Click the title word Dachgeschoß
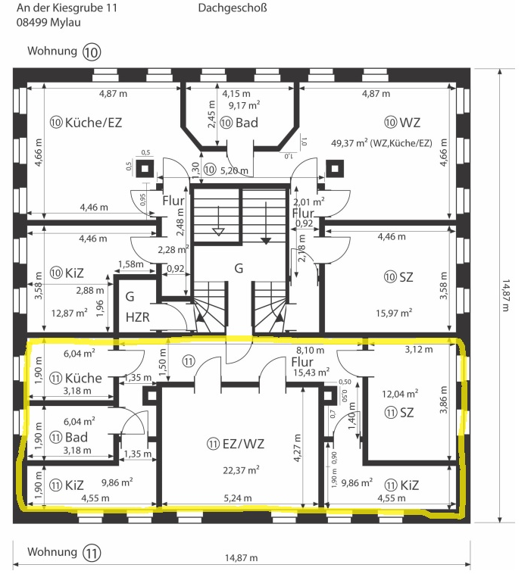[x=233, y=8]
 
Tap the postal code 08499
[x=32, y=22]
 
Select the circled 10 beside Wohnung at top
[x=91, y=51]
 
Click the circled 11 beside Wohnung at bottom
[x=91, y=552]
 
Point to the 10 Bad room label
[x=239, y=123]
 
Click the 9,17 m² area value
[x=244, y=105]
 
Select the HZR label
[x=138, y=317]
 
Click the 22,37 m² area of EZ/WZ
[x=241, y=469]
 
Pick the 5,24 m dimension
[x=238, y=498]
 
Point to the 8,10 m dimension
[x=310, y=350]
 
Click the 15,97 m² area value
[x=394, y=313]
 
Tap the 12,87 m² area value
[x=69, y=313]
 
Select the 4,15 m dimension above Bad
[x=236, y=94]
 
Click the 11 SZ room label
[x=399, y=413]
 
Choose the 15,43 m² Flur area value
[x=311, y=373]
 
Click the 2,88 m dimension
[x=90, y=291]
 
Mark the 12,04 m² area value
[x=400, y=394]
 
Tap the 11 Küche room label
[x=76, y=378]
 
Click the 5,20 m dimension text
[x=234, y=170]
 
